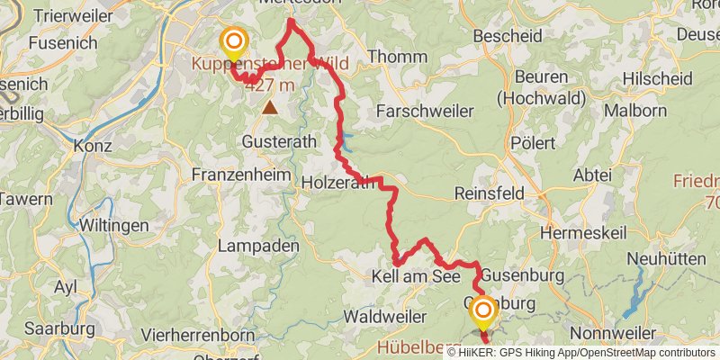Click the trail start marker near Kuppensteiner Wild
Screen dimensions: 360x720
(234, 41)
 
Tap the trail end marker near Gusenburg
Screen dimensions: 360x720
(483, 312)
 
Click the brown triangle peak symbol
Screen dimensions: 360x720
(270, 107)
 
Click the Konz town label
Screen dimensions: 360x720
(92, 145)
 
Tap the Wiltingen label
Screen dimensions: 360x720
(114, 224)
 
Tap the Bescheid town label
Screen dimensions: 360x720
(508, 37)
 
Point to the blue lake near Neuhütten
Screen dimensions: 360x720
(637, 297)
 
